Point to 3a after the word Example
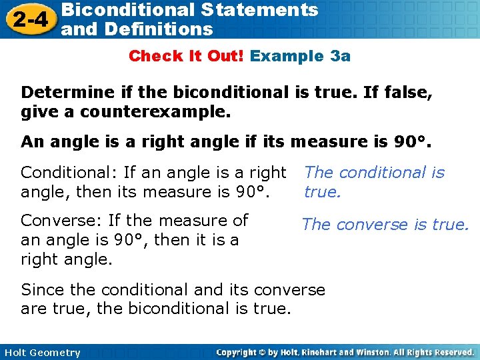tap(340, 56)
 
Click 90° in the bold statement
tap(408, 141)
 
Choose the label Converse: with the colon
tap(55, 220)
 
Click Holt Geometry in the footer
tap(42, 353)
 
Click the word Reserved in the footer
tap(453, 352)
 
